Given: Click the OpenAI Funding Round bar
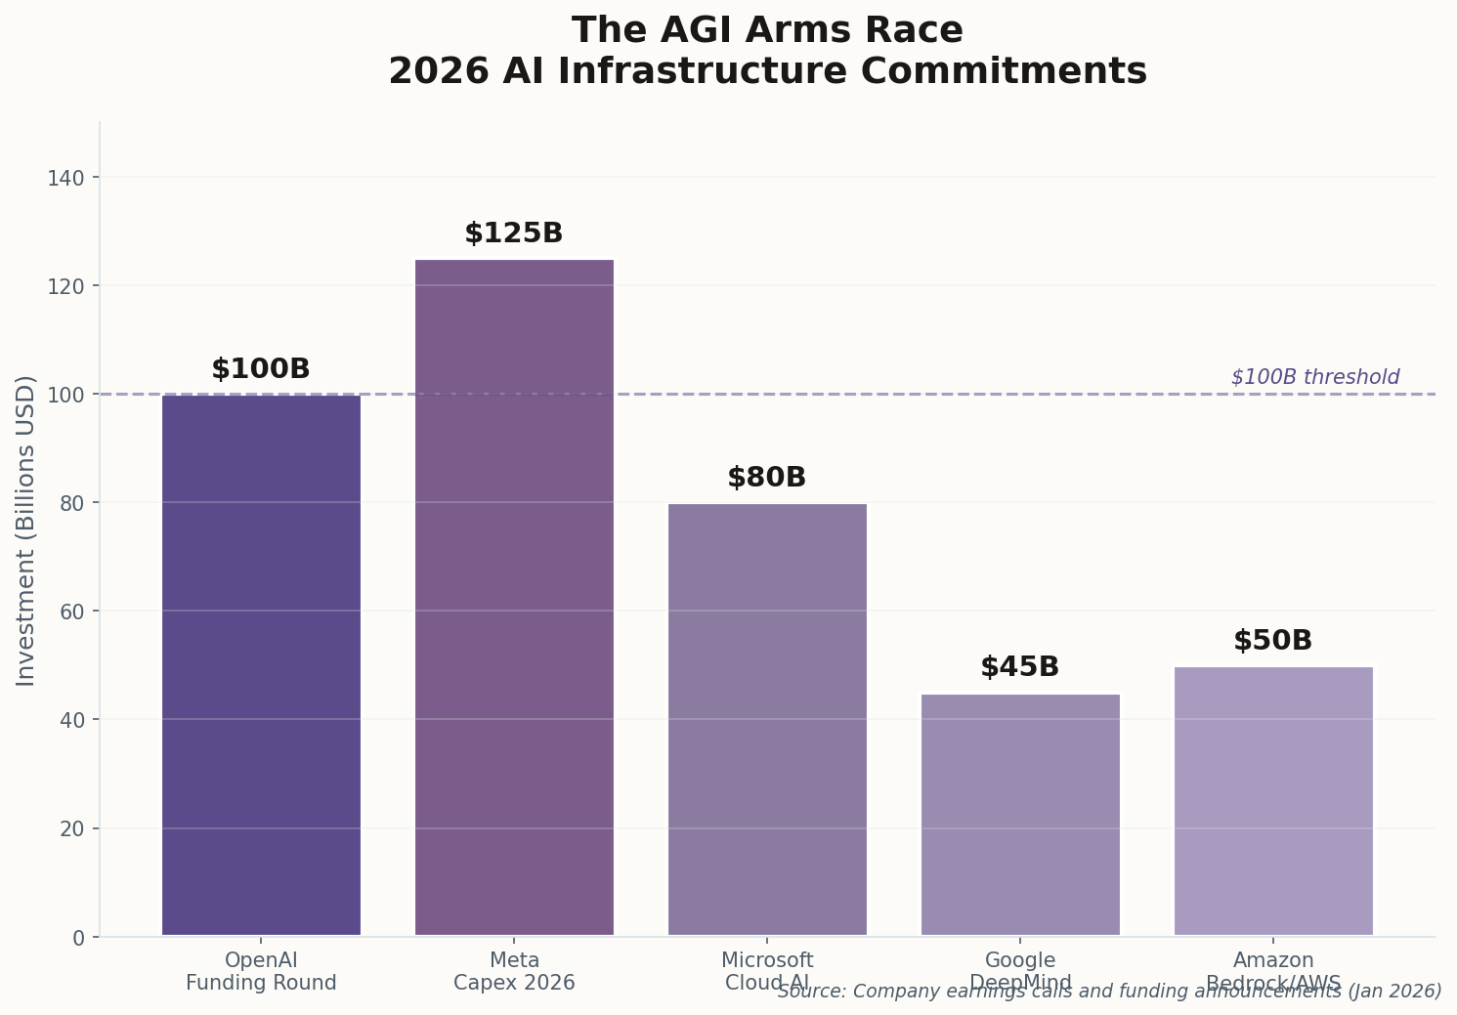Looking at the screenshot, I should click(x=261, y=664).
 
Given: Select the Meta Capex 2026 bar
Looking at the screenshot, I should click(x=514, y=597).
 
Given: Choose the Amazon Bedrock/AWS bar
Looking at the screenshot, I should click(x=1273, y=800).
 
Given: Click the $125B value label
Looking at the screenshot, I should click(x=514, y=233).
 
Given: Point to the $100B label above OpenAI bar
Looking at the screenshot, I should click(x=261, y=369).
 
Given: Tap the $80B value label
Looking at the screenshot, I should click(x=767, y=478).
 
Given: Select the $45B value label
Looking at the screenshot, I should click(x=1020, y=667).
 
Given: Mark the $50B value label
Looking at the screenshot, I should click(x=1273, y=641).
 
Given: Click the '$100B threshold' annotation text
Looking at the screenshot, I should click(x=1314, y=377).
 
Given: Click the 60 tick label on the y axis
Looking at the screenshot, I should click(x=72, y=612).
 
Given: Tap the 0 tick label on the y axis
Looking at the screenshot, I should click(x=79, y=938).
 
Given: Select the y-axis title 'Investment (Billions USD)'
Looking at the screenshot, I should click(x=26, y=530).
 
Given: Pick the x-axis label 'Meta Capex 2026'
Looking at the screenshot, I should click(x=514, y=971).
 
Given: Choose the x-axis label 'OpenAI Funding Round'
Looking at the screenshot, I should click(x=261, y=971).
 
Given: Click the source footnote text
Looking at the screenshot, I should click(x=1109, y=992).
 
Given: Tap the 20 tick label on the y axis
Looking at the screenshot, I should click(x=72, y=828).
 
